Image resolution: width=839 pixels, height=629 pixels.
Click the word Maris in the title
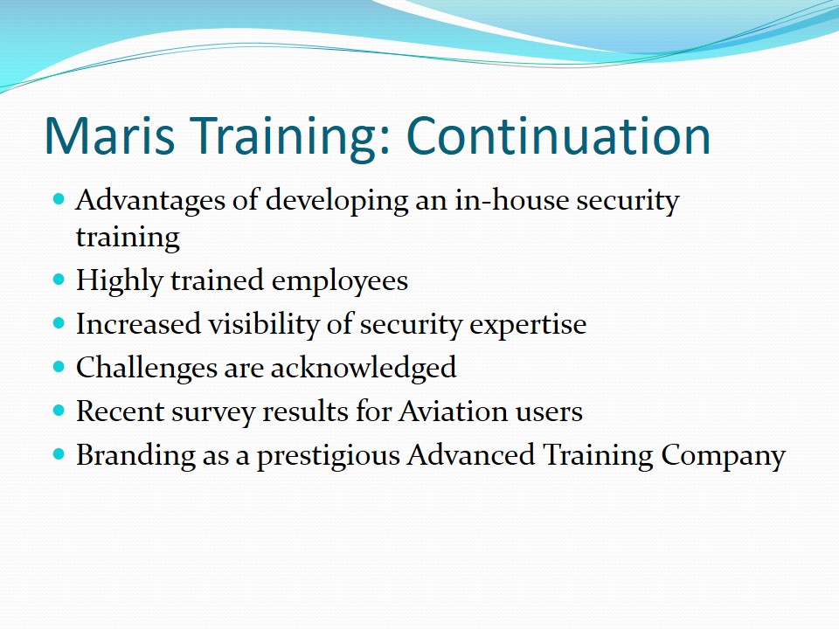tap(110, 135)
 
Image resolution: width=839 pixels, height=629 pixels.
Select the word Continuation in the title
tap(558, 135)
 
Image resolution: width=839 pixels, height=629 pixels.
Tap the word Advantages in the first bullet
tap(150, 202)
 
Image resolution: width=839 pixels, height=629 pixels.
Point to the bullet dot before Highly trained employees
tap(59, 280)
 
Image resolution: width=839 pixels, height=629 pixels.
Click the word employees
tap(340, 281)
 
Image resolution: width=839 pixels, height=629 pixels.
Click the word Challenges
tap(146, 369)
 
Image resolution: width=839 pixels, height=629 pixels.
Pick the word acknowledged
tap(364, 369)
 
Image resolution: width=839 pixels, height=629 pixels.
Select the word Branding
tap(136, 456)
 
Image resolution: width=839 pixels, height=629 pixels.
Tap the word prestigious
tap(329, 457)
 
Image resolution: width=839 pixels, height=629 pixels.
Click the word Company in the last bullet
tap(723, 456)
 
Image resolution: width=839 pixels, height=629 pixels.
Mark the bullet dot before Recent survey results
tap(59, 411)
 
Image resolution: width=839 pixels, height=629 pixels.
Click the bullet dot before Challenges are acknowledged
tap(59, 367)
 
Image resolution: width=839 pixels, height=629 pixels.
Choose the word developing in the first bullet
tap(337, 202)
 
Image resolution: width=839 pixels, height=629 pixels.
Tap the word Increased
tap(138, 323)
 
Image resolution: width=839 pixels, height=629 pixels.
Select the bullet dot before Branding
tap(59, 454)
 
